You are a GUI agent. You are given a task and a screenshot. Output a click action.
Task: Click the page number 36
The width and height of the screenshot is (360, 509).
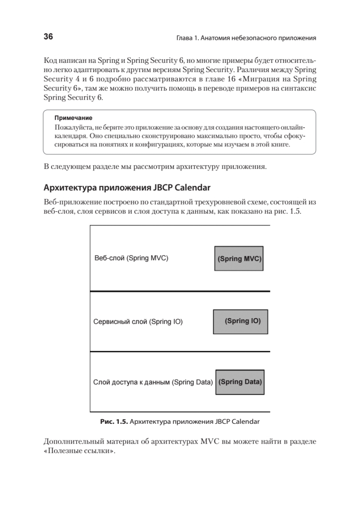48,37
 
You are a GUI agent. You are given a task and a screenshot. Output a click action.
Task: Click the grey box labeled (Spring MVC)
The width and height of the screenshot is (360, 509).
239,258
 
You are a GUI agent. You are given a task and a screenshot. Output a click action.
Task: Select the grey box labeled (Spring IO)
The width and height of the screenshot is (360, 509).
237,321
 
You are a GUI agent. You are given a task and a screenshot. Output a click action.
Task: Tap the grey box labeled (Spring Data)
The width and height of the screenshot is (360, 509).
240,382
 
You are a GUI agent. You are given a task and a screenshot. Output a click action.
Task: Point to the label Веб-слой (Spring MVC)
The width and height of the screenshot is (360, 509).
131,258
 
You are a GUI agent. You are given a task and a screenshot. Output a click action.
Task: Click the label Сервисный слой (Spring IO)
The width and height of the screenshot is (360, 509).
138,322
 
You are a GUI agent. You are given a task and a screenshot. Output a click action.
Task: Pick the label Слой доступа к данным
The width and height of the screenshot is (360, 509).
132,382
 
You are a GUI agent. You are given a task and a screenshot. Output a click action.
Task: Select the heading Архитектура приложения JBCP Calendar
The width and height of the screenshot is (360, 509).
127,187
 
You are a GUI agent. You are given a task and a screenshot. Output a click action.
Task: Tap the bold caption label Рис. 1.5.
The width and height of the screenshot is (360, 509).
113,422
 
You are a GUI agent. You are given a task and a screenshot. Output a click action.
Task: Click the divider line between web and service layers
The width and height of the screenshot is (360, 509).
180,291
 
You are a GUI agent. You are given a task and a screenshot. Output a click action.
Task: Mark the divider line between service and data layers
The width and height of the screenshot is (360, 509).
180,352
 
